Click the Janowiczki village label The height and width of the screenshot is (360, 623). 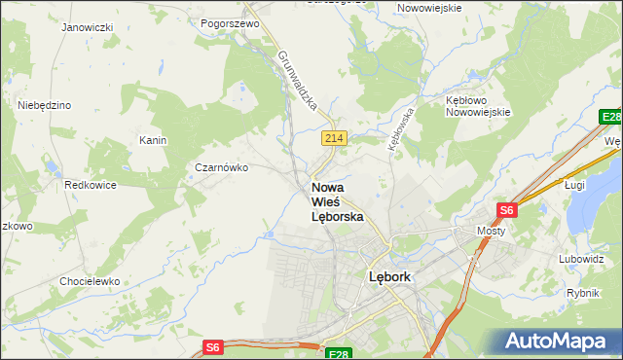[87, 27]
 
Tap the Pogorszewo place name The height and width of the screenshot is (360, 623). [228, 21]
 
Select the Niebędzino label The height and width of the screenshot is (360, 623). [45, 105]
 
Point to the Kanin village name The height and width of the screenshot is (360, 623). [153, 140]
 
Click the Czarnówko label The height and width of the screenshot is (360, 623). [222, 167]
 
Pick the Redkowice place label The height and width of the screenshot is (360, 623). [91, 184]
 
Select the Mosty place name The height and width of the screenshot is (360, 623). [491, 231]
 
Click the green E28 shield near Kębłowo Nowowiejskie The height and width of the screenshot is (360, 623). [610, 118]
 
